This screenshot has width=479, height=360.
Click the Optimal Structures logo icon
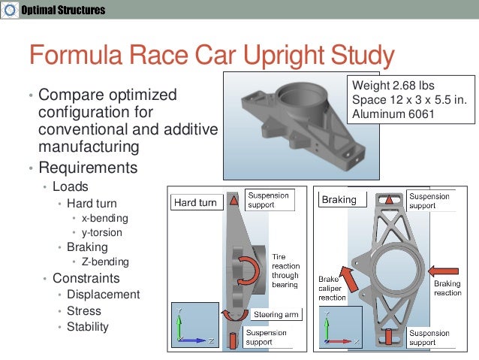pyautogui.click(x=8, y=11)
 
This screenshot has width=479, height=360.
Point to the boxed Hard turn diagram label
pyautogui.click(x=196, y=203)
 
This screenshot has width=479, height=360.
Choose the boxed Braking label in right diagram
pyautogui.click(x=339, y=201)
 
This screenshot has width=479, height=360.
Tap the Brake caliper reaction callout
pyautogui.click(x=332, y=287)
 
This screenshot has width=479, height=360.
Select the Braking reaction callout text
pyautogui.click(x=448, y=289)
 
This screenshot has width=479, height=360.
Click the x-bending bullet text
pyautogui.click(x=105, y=218)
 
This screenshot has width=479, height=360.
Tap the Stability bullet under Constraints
pyautogui.click(x=87, y=326)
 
